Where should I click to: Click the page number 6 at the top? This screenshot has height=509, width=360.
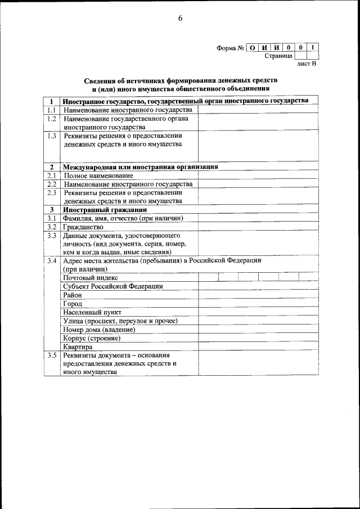(x=180, y=18)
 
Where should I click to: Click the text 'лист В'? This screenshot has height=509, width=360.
(x=307, y=64)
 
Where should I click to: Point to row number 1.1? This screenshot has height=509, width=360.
(x=52, y=110)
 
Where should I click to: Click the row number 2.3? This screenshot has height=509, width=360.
(x=52, y=192)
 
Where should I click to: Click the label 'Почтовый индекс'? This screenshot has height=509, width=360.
(x=91, y=277)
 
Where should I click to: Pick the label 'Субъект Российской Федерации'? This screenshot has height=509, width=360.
(x=113, y=286)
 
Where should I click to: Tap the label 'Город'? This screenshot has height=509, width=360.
(x=73, y=304)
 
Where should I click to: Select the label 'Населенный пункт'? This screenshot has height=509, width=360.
(x=92, y=312)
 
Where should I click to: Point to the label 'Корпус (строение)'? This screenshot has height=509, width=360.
(x=92, y=338)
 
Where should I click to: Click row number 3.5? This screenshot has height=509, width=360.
(x=52, y=355)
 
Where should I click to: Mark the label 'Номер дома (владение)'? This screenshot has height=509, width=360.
(x=100, y=330)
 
